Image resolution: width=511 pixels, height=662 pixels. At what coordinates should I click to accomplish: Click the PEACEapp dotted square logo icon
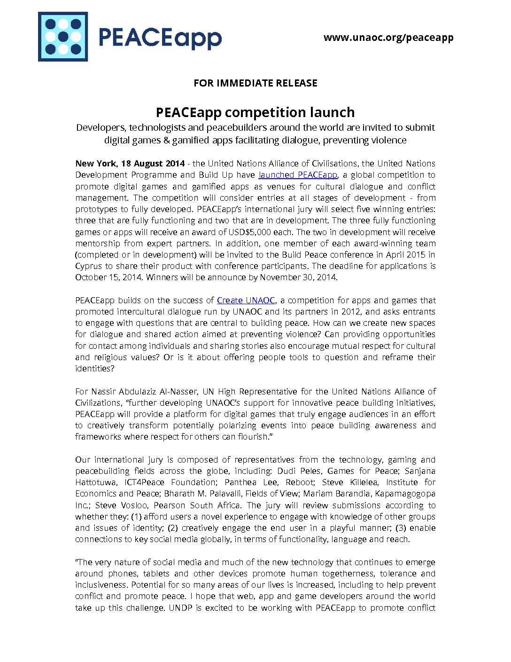63,37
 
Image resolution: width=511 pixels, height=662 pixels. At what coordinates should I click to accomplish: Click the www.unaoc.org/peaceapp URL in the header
388,38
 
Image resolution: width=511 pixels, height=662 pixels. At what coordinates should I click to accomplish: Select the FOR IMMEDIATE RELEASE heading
255,83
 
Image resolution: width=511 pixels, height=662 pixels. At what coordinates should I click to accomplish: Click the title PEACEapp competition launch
255,112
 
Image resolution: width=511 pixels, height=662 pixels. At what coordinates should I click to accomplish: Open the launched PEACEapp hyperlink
298,175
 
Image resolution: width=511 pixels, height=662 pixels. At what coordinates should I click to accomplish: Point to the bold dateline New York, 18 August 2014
130,164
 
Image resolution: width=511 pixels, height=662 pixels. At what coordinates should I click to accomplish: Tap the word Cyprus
88,266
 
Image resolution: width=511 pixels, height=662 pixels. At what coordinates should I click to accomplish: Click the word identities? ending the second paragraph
94,369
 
